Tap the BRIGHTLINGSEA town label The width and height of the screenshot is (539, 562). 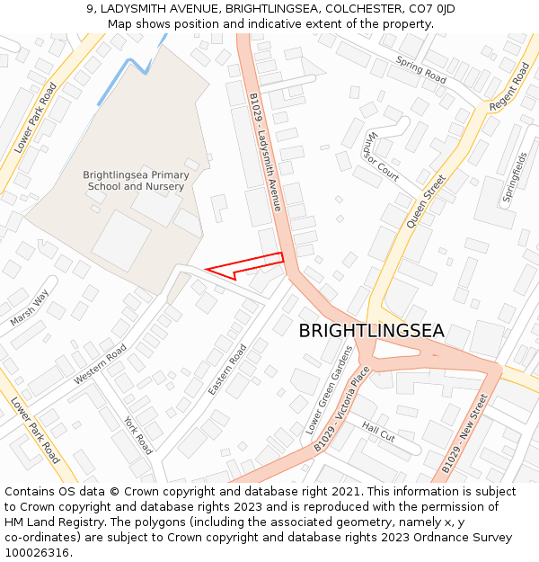371,331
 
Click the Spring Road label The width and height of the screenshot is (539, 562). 421,69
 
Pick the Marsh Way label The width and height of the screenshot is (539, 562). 30,308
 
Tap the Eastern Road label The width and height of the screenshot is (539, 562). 226,370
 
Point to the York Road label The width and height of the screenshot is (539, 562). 139,435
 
